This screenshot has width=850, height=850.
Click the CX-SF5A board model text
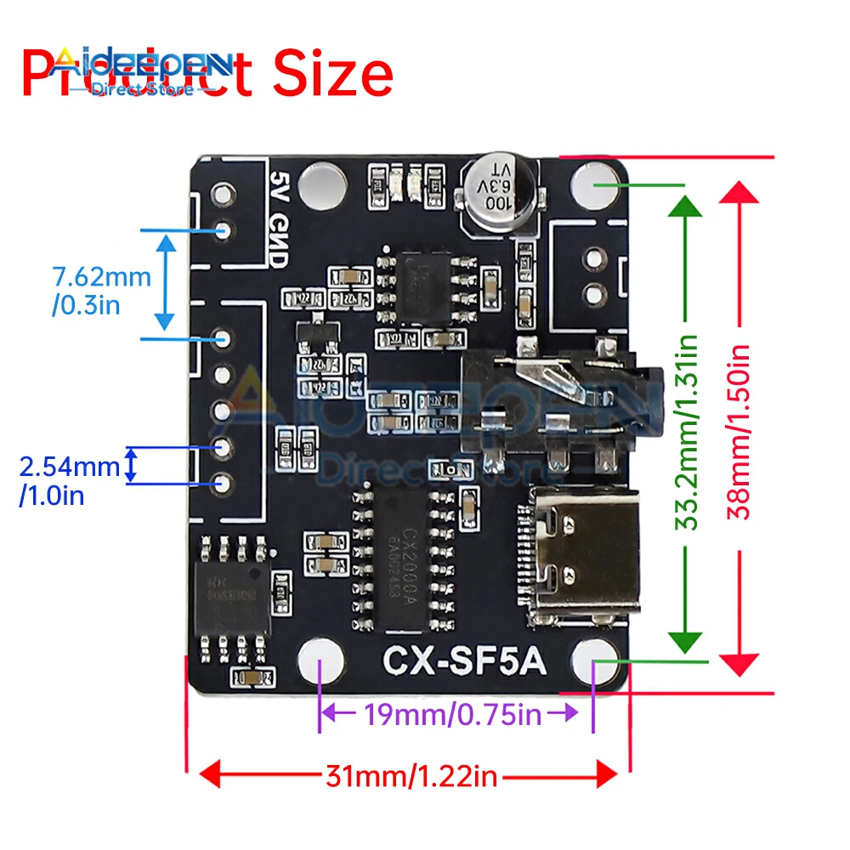[463, 661]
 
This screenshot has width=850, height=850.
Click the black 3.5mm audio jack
[557, 395]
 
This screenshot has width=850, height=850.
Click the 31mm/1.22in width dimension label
[410, 774]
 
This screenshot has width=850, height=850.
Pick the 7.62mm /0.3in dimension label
[101, 289]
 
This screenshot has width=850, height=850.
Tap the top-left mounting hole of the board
[322, 182]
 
